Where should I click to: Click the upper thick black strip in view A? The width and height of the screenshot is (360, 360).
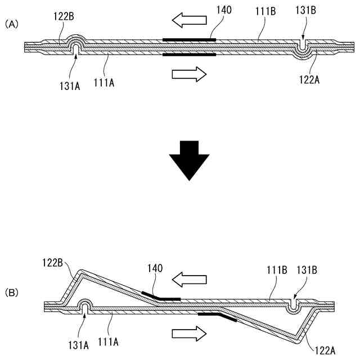189,40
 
